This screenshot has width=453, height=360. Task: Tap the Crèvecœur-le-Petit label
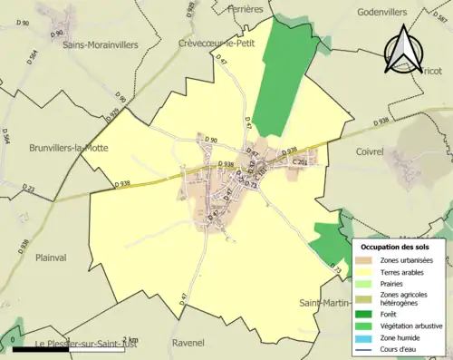(x=219, y=43)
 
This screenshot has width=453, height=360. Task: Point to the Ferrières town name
(x=245, y=8)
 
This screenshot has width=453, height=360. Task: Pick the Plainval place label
(x=52, y=258)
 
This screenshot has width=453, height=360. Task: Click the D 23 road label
(x=28, y=189)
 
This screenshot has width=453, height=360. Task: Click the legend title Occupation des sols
(x=396, y=247)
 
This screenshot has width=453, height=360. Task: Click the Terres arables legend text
(x=405, y=271)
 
